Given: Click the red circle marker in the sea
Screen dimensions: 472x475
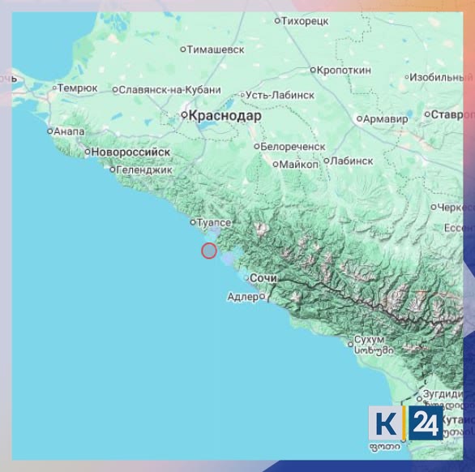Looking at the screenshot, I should [209, 251].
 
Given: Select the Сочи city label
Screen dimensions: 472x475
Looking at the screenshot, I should [264, 278].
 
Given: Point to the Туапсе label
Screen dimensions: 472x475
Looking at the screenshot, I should [215, 221].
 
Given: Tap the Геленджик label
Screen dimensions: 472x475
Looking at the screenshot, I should [145, 170].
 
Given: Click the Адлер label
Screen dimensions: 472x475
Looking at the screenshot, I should [243, 297].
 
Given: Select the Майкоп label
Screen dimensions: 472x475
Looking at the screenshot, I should [298, 164].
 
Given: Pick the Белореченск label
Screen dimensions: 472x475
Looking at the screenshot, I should [293, 147].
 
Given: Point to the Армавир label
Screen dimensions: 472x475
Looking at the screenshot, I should [386, 119].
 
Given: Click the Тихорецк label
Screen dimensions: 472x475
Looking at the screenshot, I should [305, 21].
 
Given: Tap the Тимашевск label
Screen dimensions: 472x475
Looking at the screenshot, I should [216, 49].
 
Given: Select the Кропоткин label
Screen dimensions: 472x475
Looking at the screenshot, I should [344, 71].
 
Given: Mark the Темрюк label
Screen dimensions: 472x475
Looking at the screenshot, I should [79, 88].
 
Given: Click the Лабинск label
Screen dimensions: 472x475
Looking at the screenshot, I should [352, 161].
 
